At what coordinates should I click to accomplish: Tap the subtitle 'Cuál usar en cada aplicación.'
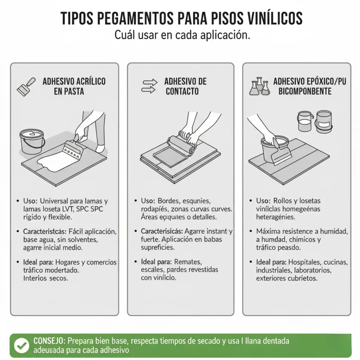(182, 35)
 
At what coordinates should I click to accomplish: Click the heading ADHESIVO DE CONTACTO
(185, 86)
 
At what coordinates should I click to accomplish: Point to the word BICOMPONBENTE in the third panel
(305, 91)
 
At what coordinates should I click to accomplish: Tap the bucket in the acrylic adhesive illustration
(32, 141)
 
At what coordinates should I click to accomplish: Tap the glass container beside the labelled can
(305, 121)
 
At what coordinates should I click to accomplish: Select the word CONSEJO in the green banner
(49, 341)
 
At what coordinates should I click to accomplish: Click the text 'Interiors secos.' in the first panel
(46, 278)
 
